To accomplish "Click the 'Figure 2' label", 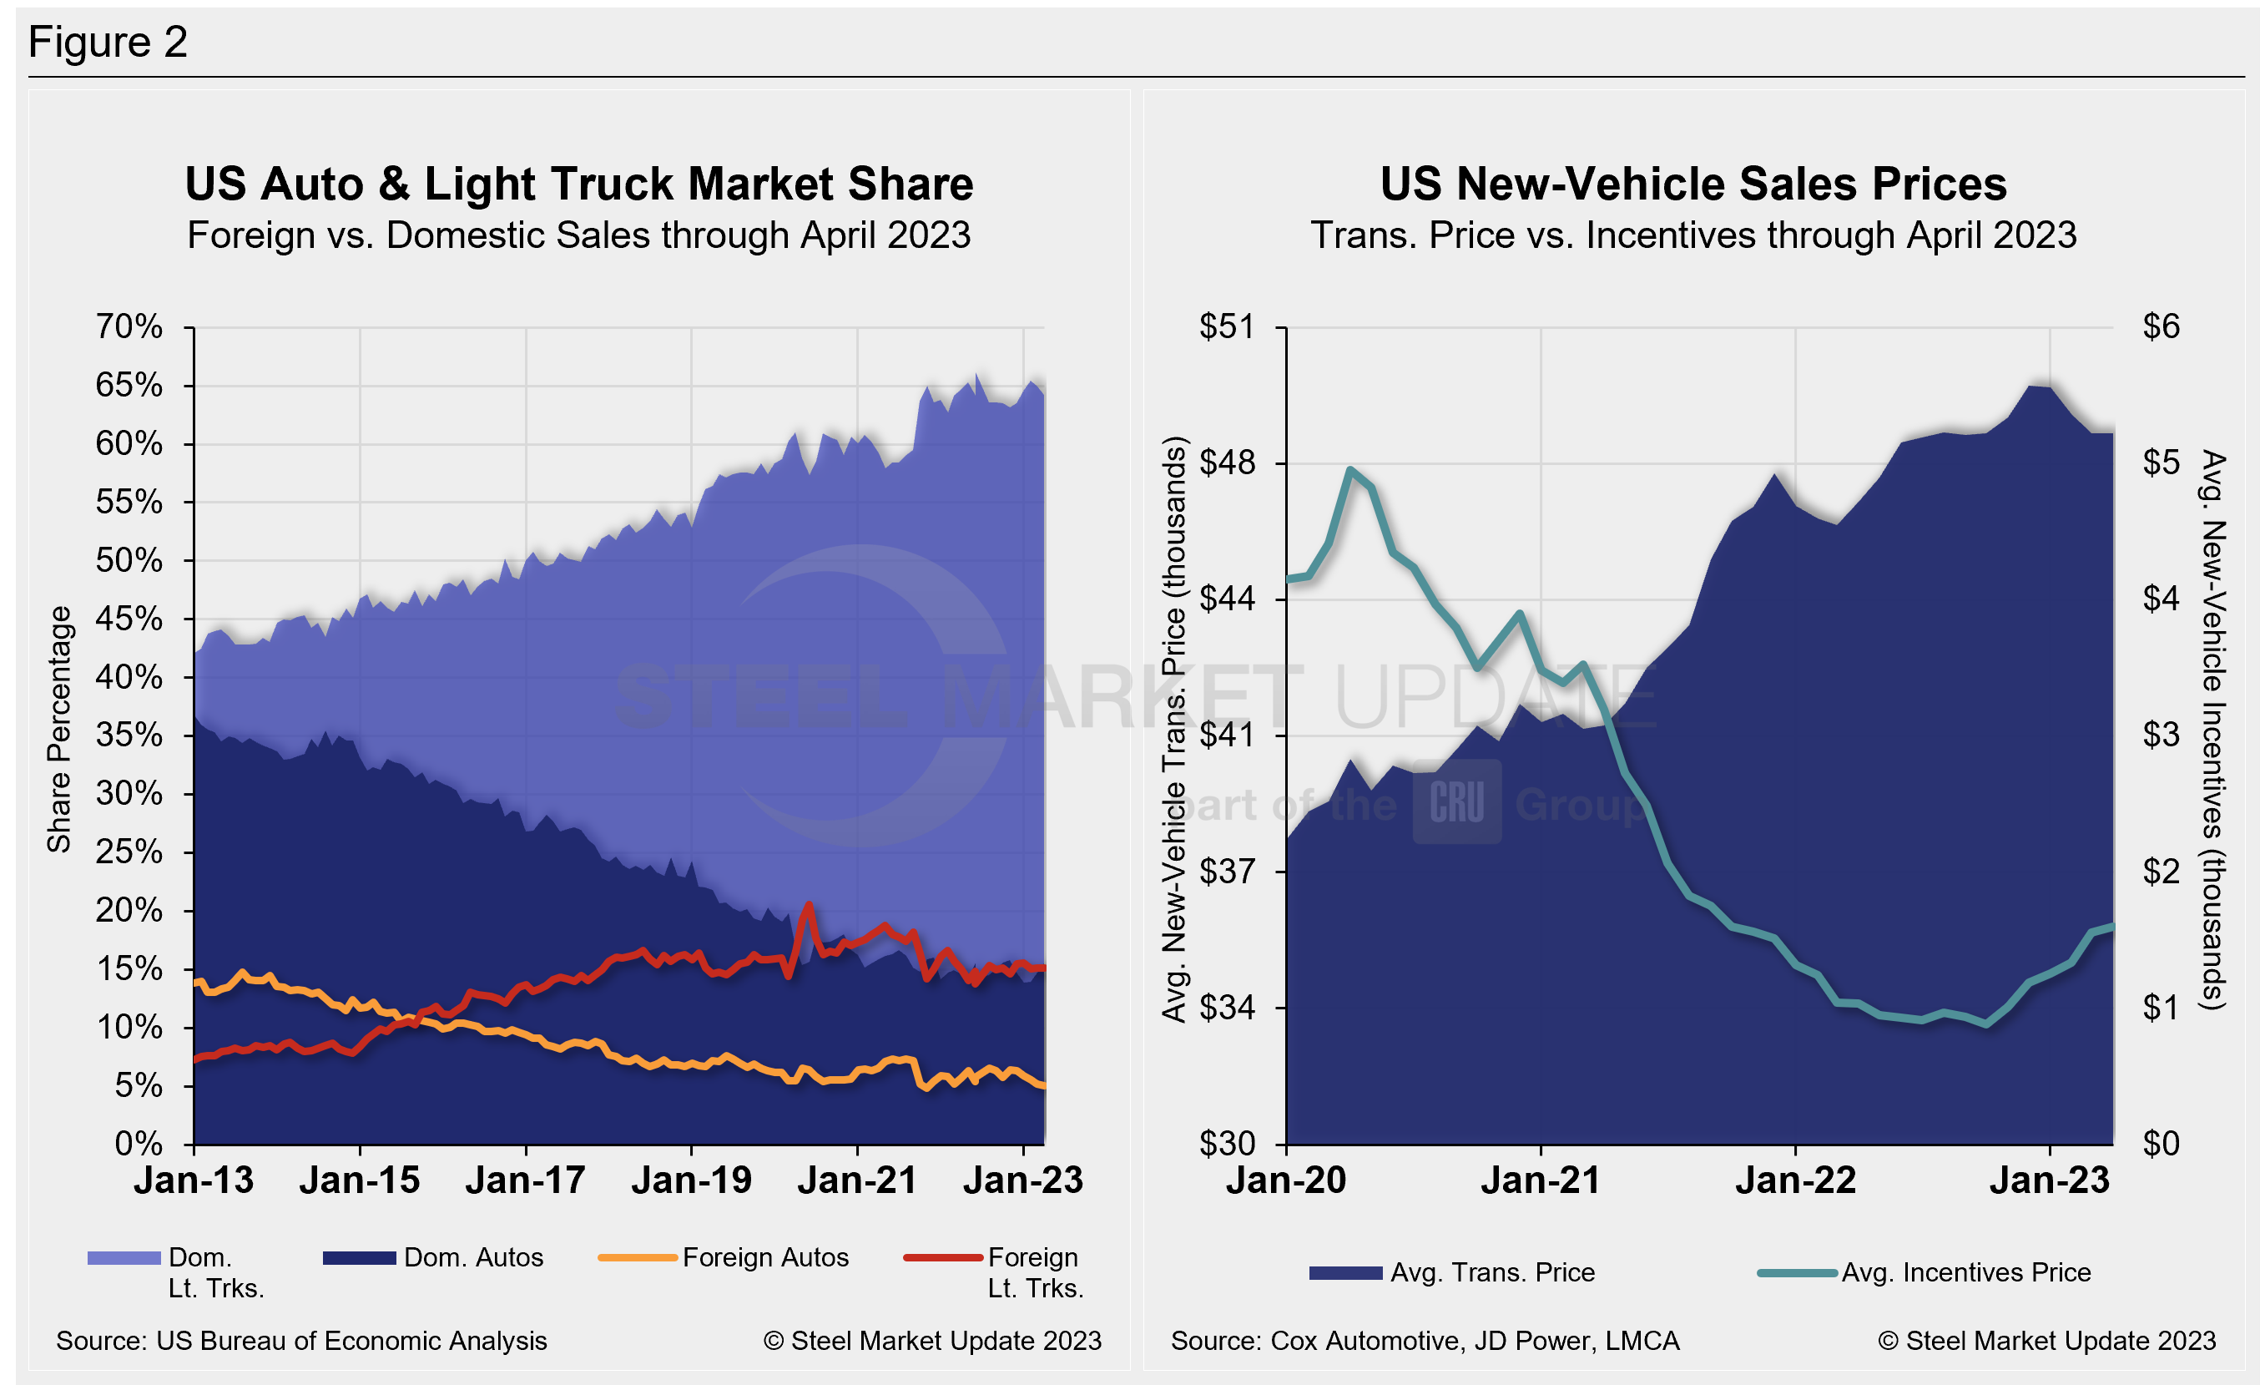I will click(x=108, y=43).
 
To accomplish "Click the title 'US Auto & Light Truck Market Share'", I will click(x=578, y=184).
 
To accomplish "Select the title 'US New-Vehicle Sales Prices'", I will click(x=1693, y=184).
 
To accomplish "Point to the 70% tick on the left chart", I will click(x=129, y=326).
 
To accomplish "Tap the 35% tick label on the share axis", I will click(x=129, y=735).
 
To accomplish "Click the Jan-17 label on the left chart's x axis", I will click(x=526, y=1180).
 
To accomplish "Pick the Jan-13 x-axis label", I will click(x=194, y=1180).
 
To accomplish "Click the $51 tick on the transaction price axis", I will click(x=1227, y=326).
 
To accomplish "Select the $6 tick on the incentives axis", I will click(x=2161, y=326).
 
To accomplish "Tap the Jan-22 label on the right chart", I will click(x=1795, y=1180).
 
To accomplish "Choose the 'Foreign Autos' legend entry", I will click(x=765, y=1257).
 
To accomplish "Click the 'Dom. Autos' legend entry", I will click(x=473, y=1257).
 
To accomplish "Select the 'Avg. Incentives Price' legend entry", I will click(x=1965, y=1273).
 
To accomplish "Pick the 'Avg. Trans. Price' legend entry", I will click(x=1492, y=1273).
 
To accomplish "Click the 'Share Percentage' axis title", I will click(x=59, y=729).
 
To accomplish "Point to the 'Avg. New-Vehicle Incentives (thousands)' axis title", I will click(x=2213, y=729).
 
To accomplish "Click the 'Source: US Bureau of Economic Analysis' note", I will click(x=302, y=1341).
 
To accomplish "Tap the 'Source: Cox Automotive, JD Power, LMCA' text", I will click(x=1425, y=1341).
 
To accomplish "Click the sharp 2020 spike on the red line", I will click(x=808, y=904).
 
